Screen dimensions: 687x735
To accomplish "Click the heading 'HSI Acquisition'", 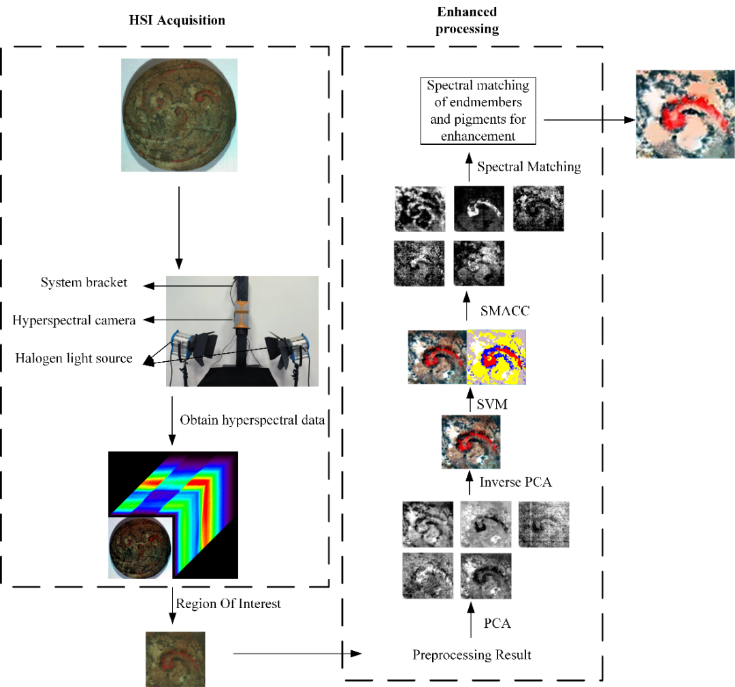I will [176, 20].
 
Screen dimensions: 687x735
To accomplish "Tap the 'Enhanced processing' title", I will [466, 20].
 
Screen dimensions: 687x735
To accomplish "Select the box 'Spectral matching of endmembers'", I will [478, 111].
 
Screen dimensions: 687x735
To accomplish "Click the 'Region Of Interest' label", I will [228, 603].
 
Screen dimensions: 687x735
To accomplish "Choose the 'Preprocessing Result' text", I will [472, 655].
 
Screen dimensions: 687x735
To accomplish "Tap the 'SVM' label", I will [495, 404].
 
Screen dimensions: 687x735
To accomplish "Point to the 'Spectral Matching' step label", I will [529, 167].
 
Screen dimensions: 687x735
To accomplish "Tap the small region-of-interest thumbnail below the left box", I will [176, 658].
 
